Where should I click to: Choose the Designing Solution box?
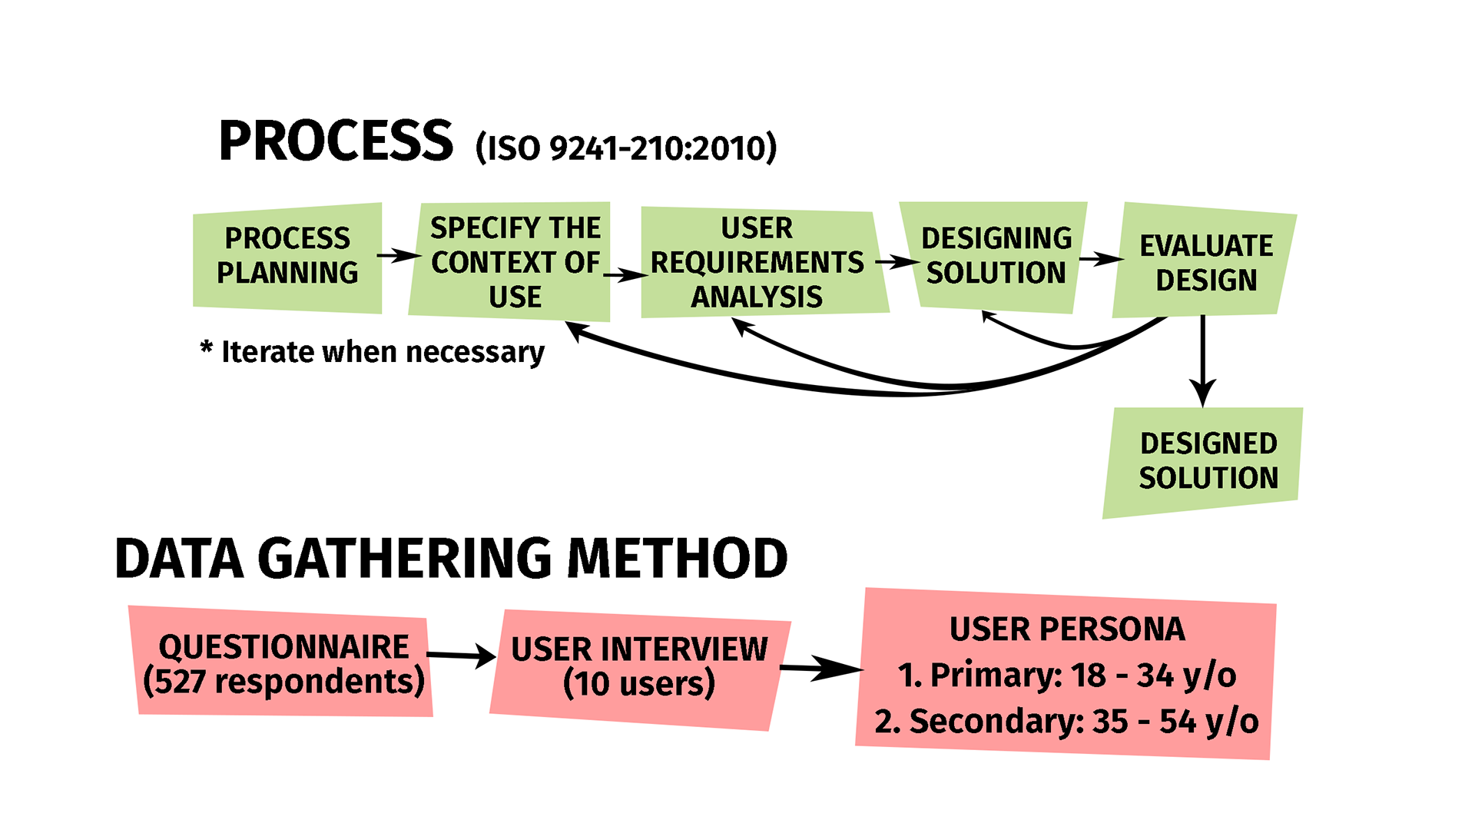(996, 256)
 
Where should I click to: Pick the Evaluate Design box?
(1205, 261)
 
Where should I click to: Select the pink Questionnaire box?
(283, 662)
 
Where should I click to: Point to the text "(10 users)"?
(639, 684)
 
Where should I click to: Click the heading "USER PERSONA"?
(1067, 629)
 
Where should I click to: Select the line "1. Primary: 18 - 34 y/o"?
(1067, 676)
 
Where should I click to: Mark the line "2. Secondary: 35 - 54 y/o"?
(1067, 722)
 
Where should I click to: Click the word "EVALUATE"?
(1206, 246)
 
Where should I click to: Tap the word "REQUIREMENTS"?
(757, 263)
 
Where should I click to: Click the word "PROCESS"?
(287, 238)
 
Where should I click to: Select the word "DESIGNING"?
(996, 238)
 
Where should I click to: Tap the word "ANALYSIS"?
(757, 297)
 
